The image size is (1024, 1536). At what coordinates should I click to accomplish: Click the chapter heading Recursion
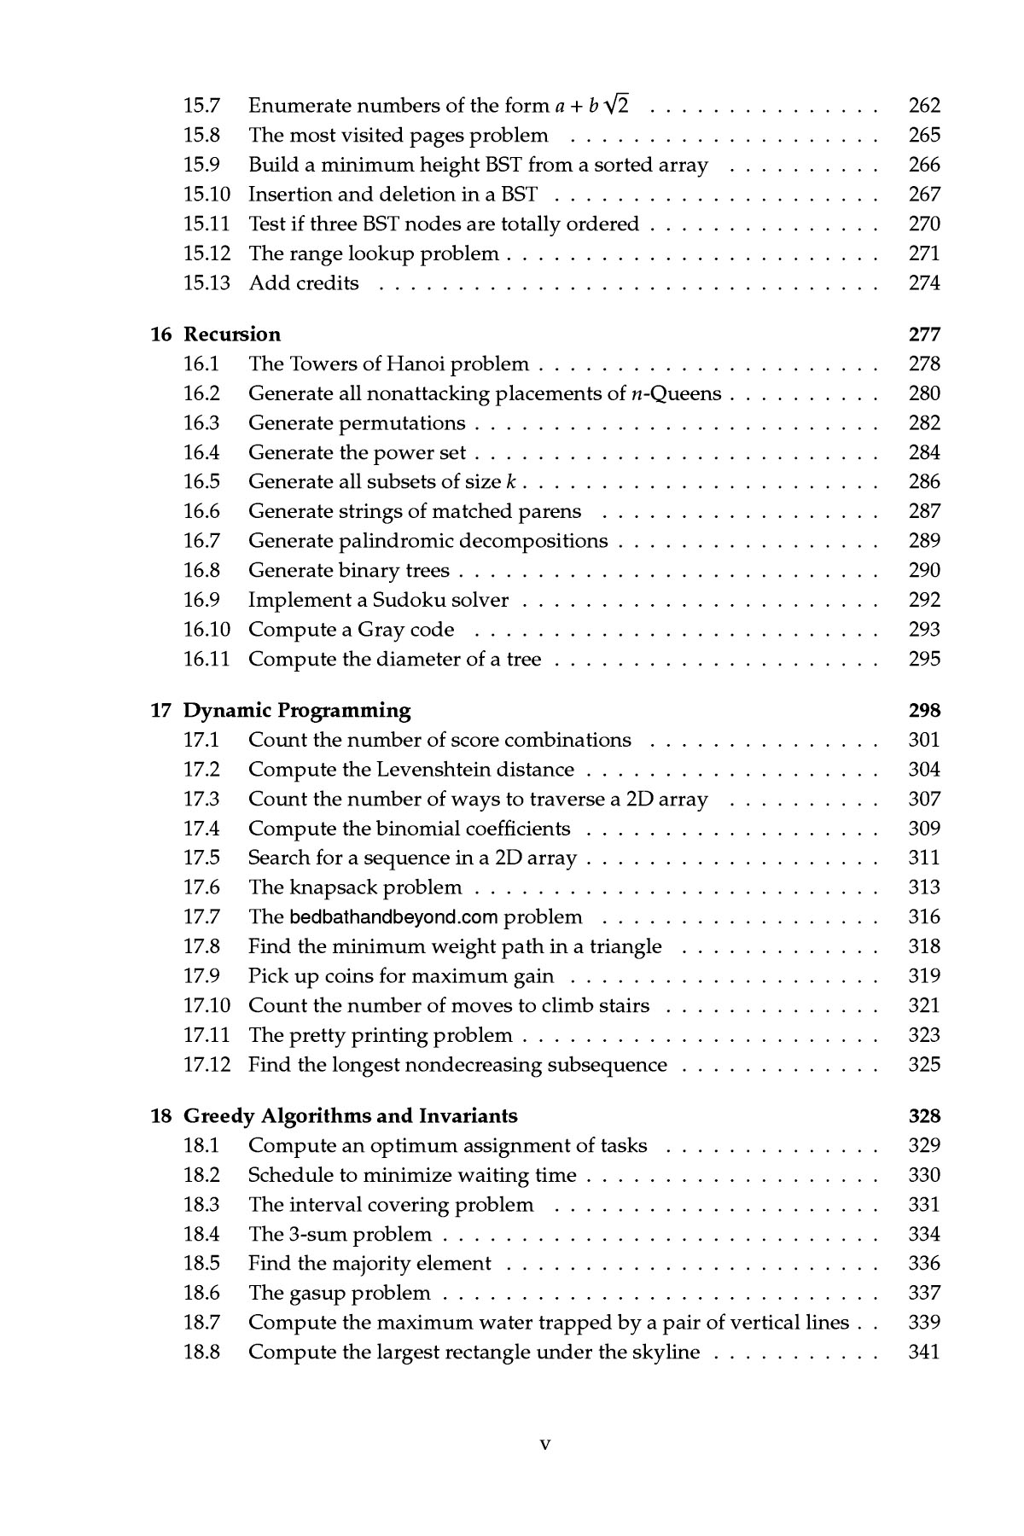(232, 335)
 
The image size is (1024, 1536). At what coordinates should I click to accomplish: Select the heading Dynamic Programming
(297, 711)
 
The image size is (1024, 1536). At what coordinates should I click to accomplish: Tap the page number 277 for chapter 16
(924, 335)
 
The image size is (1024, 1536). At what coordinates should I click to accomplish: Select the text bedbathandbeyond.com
(393, 917)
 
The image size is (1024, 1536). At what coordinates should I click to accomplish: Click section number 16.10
(207, 630)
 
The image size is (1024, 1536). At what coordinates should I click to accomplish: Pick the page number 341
(924, 1353)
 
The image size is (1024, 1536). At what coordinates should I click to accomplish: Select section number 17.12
(207, 1065)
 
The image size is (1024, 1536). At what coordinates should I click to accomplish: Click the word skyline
(661, 1353)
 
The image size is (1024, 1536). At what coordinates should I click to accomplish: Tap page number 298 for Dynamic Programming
(924, 711)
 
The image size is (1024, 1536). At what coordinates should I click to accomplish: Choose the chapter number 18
(161, 1116)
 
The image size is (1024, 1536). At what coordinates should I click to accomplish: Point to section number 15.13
(207, 283)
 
